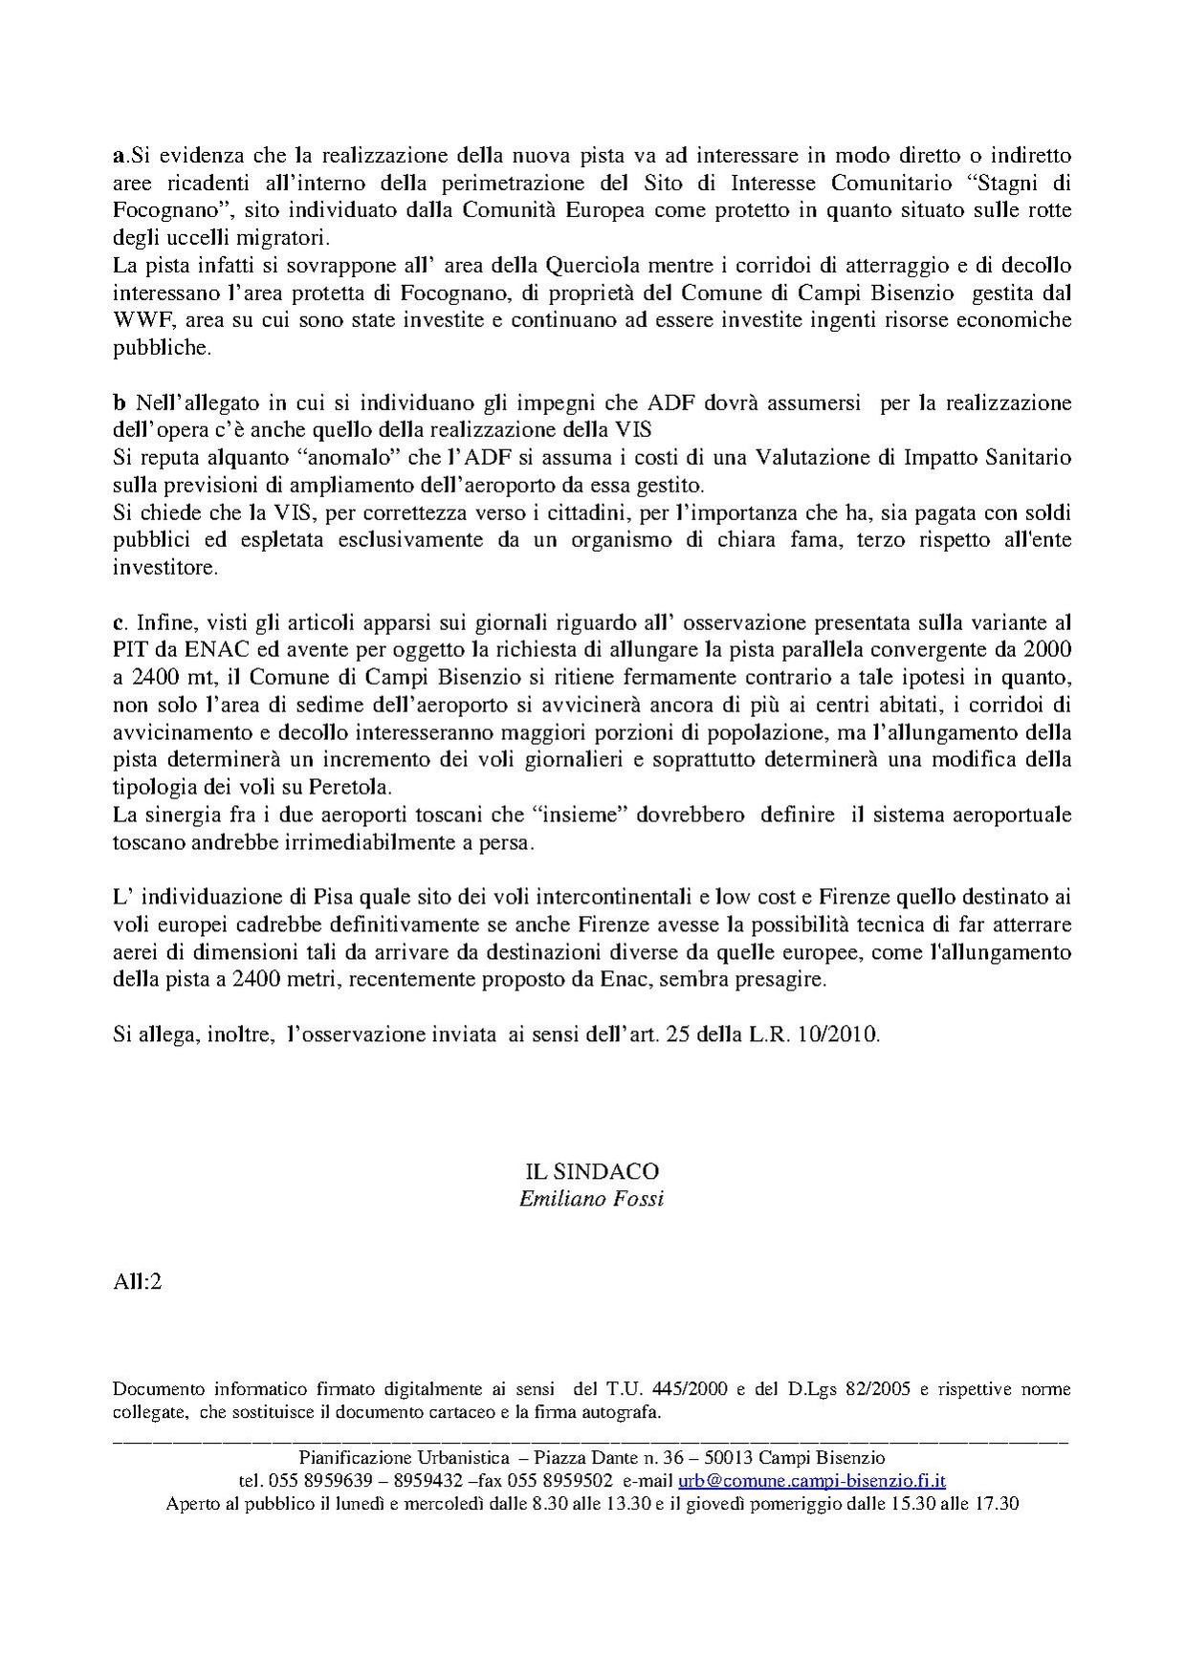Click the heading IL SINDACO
[591, 1171]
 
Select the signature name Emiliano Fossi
[591, 1198]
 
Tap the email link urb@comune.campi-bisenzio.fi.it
[812, 1480]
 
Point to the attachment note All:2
[137, 1282]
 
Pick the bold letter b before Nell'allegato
[119, 402]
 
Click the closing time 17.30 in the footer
[995, 1503]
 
